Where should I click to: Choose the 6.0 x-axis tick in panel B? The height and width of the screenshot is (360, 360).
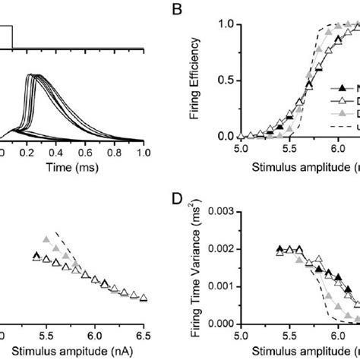332,149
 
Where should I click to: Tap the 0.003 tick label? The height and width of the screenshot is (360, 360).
219,212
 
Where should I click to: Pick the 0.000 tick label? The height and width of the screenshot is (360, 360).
219,324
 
